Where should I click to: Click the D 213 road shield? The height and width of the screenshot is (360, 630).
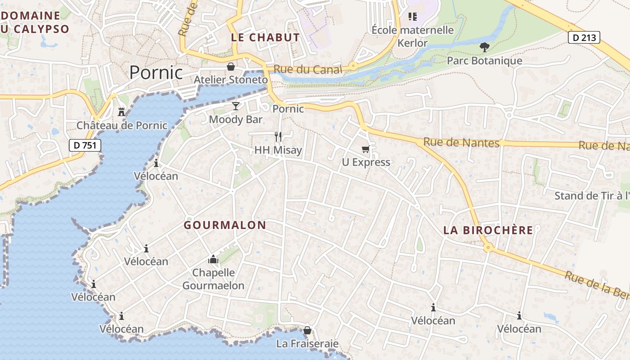(x=584, y=37)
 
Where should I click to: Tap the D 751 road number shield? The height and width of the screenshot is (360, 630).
(x=85, y=145)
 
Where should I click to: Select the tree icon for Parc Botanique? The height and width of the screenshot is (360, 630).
(x=484, y=47)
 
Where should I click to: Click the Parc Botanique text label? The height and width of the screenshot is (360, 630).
(x=484, y=61)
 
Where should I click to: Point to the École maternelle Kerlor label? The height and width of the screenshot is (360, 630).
(x=413, y=36)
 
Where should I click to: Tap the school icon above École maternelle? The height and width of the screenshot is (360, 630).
(x=413, y=17)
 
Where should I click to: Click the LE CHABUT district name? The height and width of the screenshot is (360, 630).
(x=265, y=37)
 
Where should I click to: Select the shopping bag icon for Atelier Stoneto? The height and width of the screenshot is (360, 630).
(x=231, y=67)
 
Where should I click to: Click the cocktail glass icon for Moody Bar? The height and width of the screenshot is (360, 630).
(x=236, y=106)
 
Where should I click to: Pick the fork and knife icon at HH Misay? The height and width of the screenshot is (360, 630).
(x=278, y=136)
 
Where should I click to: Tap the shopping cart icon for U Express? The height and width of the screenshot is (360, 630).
(x=365, y=149)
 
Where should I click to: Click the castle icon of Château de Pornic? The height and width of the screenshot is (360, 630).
(x=121, y=112)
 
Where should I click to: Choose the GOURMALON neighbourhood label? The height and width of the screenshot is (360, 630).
(x=225, y=225)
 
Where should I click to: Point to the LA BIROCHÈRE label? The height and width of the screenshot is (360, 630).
(x=488, y=230)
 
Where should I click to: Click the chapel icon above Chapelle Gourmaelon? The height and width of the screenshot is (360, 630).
(x=213, y=259)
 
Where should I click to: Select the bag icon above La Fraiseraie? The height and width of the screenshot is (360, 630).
(x=307, y=331)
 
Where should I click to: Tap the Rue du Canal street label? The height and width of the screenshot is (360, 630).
(x=308, y=70)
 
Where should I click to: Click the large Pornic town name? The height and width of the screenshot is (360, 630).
(x=156, y=72)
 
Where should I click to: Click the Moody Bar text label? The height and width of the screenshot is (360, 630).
(x=236, y=120)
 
